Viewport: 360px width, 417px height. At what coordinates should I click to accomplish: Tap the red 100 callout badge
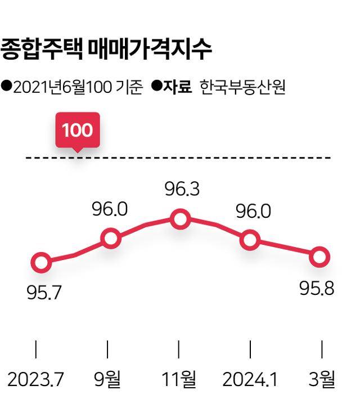point(77,131)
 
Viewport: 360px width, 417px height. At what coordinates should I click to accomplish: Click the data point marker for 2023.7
point(40,262)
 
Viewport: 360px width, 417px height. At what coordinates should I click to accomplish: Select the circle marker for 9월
point(111,239)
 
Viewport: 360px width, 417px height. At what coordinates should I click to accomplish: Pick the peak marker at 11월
point(180,219)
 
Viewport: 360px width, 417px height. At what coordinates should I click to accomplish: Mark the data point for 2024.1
point(249,241)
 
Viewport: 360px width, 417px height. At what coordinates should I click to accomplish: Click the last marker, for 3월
point(319,257)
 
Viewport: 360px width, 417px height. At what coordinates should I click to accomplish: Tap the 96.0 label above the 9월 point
point(110,209)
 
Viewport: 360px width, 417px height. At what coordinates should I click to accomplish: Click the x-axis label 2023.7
point(35,380)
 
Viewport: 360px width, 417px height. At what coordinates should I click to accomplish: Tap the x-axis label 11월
point(179,380)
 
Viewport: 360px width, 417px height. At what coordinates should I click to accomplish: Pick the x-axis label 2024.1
point(250,380)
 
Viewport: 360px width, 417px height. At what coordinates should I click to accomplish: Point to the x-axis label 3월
point(322,380)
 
